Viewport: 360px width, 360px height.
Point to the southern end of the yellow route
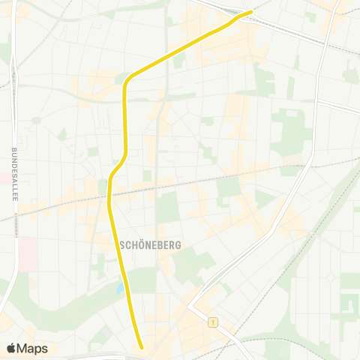tap(141, 346)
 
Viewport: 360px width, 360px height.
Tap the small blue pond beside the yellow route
tap(120, 288)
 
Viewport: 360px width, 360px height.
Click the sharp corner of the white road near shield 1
tap(190, 307)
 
